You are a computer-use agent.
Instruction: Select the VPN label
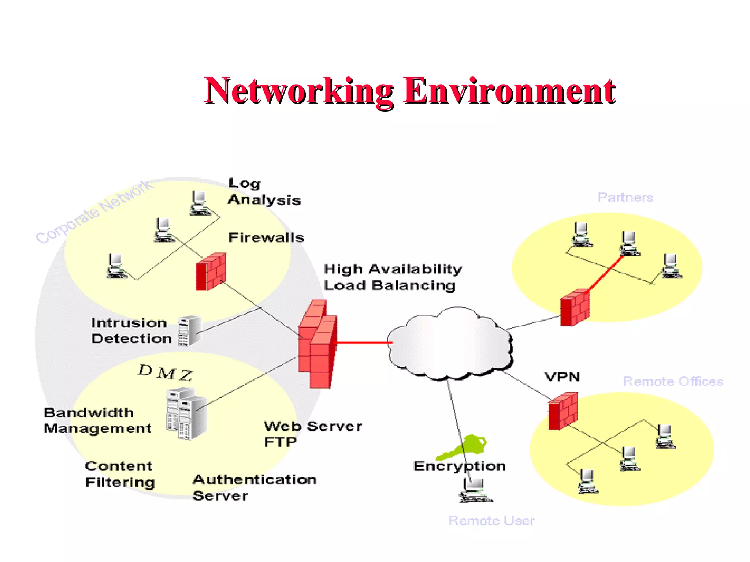[562, 377]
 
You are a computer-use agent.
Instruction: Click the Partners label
[625, 198]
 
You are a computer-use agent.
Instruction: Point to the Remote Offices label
[673, 382]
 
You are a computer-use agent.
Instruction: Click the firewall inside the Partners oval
[575, 307]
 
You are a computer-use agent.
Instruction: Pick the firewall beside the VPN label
[563, 411]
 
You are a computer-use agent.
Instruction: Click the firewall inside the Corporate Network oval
[211, 271]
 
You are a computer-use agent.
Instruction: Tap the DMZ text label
[165, 372]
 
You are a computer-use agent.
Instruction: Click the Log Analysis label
[264, 192]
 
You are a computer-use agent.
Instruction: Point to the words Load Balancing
[389, 285]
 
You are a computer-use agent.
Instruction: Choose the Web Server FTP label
[312, 434]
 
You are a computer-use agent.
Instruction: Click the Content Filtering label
[120, 474]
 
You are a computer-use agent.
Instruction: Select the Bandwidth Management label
[97, 420]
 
